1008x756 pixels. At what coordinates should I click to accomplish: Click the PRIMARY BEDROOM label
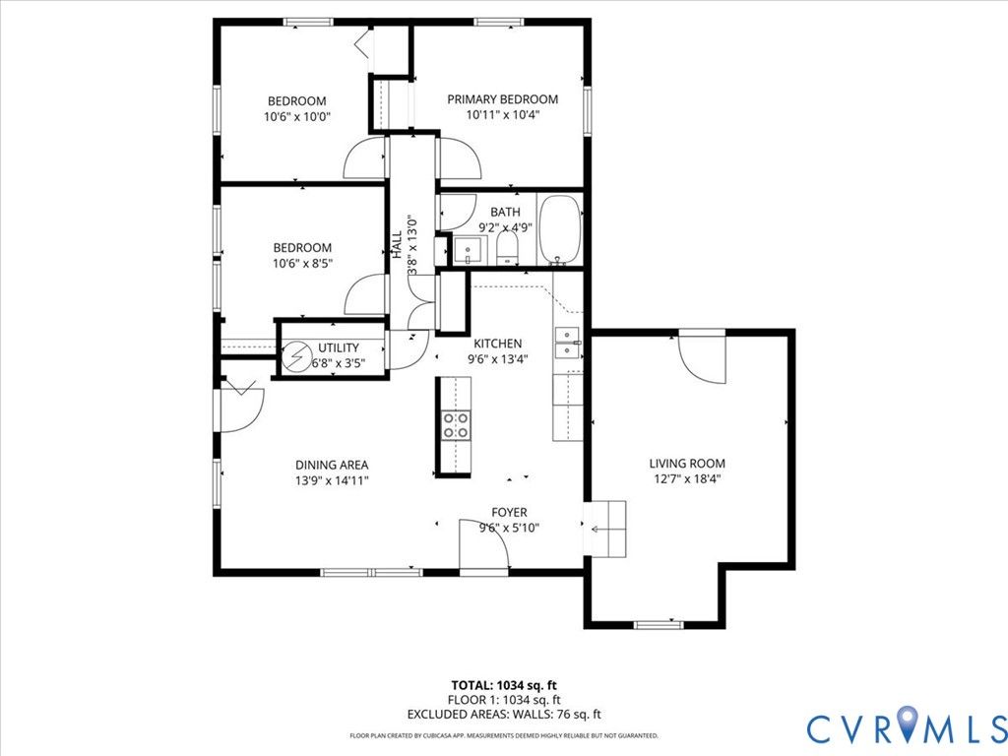click(502, 99)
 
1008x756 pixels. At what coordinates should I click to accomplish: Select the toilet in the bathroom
click(507, 248)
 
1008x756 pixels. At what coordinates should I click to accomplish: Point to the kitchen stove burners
click(456, 426)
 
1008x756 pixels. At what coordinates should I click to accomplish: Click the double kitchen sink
click(568, 343)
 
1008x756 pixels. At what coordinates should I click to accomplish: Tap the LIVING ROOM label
click(686, 463)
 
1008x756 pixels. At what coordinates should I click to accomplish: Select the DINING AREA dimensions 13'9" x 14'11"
click(332, 480)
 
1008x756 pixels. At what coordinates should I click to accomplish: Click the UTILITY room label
click(339, 347)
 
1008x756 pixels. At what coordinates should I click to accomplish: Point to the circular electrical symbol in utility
click(296, 355)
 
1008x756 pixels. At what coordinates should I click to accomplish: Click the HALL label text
click(397, 244)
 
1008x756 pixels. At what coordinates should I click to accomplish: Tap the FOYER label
click(509, 512)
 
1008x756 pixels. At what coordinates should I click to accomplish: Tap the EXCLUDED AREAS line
click(503, 714)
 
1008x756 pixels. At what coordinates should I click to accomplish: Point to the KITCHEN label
click(497, 344)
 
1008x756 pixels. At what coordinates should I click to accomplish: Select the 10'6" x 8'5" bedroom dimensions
click(302, 263)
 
